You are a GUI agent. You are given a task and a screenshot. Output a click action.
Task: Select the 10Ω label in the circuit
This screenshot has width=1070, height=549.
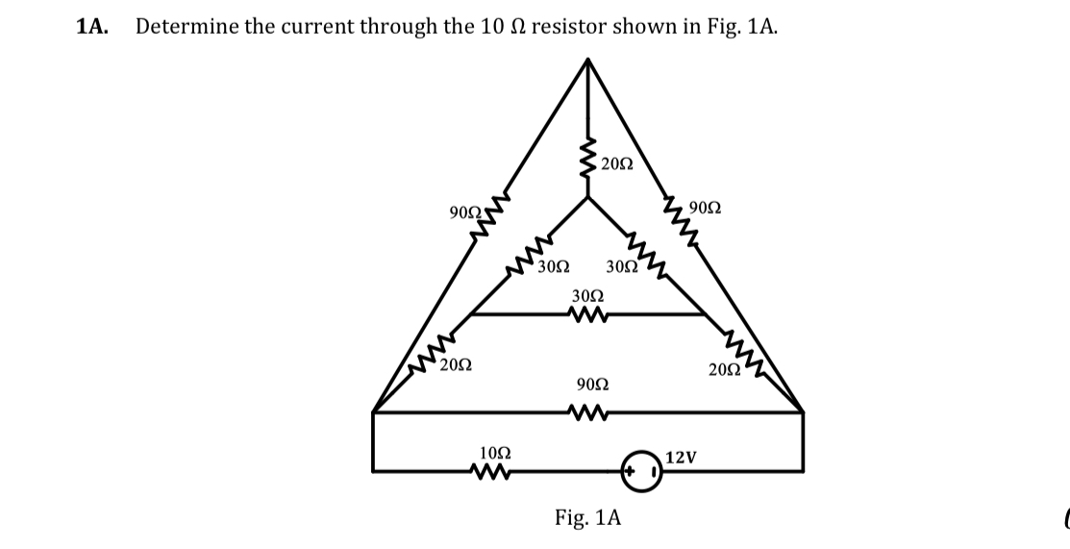494,451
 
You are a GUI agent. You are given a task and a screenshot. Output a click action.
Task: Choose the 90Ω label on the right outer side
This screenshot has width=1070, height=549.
707,208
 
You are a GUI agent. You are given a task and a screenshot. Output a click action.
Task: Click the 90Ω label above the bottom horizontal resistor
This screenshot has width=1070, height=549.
592,385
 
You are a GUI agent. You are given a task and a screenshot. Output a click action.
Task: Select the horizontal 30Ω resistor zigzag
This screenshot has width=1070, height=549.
585,315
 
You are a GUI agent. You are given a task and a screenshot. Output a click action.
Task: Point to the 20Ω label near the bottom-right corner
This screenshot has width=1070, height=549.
724,370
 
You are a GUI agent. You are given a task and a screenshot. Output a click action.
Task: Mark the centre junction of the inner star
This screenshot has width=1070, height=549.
588,198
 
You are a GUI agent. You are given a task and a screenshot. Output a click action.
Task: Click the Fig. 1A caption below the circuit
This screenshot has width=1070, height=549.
587,518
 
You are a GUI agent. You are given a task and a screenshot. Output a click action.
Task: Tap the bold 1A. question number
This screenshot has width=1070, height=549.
91,27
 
